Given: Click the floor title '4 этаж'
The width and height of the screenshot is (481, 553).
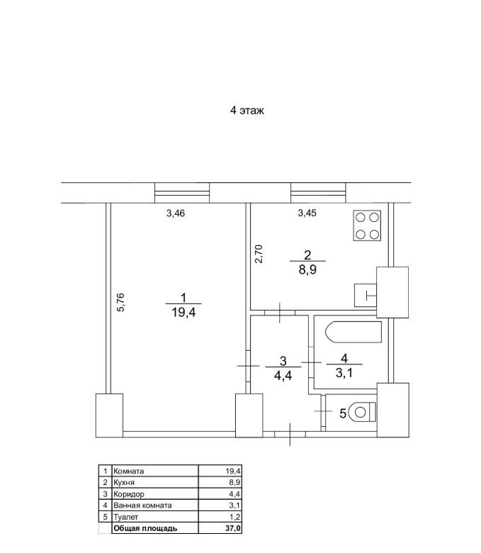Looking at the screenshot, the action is tap(247, 111).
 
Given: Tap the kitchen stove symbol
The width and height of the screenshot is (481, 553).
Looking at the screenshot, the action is tap(367, 225).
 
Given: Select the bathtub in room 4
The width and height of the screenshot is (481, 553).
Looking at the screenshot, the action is tap(353, 332).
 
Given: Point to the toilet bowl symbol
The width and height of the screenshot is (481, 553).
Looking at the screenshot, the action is tap(362, 412).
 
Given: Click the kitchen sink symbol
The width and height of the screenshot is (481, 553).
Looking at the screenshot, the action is tap(366, 295).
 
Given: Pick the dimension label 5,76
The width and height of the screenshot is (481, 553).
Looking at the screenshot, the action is tap(121, 302).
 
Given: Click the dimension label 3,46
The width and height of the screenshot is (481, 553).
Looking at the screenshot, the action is tap(176, 213).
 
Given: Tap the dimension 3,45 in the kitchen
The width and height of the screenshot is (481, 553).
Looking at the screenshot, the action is tap(307, 213).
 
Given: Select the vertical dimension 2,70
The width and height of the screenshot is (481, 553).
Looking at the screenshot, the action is tap(259, 254).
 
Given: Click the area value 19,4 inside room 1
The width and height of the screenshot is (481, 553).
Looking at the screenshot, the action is tap(183, 312).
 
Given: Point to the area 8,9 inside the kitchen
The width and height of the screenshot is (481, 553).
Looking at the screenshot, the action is tap(307, 270).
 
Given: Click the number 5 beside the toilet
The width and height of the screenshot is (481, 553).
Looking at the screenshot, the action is tap(343, 413).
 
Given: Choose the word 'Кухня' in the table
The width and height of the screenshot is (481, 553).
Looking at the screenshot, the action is tap(124, 483).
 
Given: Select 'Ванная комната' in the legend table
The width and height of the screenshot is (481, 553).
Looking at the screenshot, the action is tap(142, 505).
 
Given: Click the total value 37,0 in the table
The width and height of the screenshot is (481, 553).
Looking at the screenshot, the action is tap(234, 528).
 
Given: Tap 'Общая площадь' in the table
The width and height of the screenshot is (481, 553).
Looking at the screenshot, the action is tap(145, 528).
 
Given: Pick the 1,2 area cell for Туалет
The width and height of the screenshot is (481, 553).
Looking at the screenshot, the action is tap(234, 517).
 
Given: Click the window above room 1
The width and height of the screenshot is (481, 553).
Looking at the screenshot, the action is tap(182, 193).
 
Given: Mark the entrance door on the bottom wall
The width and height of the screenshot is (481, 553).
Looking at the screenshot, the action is tap(290, 434).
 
